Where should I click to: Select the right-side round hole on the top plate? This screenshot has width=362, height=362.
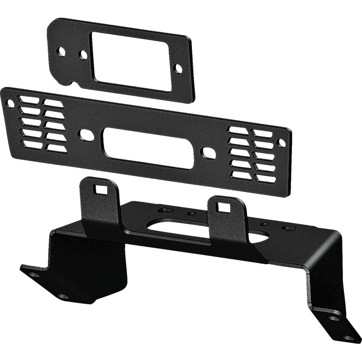pyautogui.click(x=180, y=68)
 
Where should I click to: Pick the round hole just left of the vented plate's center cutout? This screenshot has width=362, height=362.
pyautogui.click(x=84, y=134)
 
